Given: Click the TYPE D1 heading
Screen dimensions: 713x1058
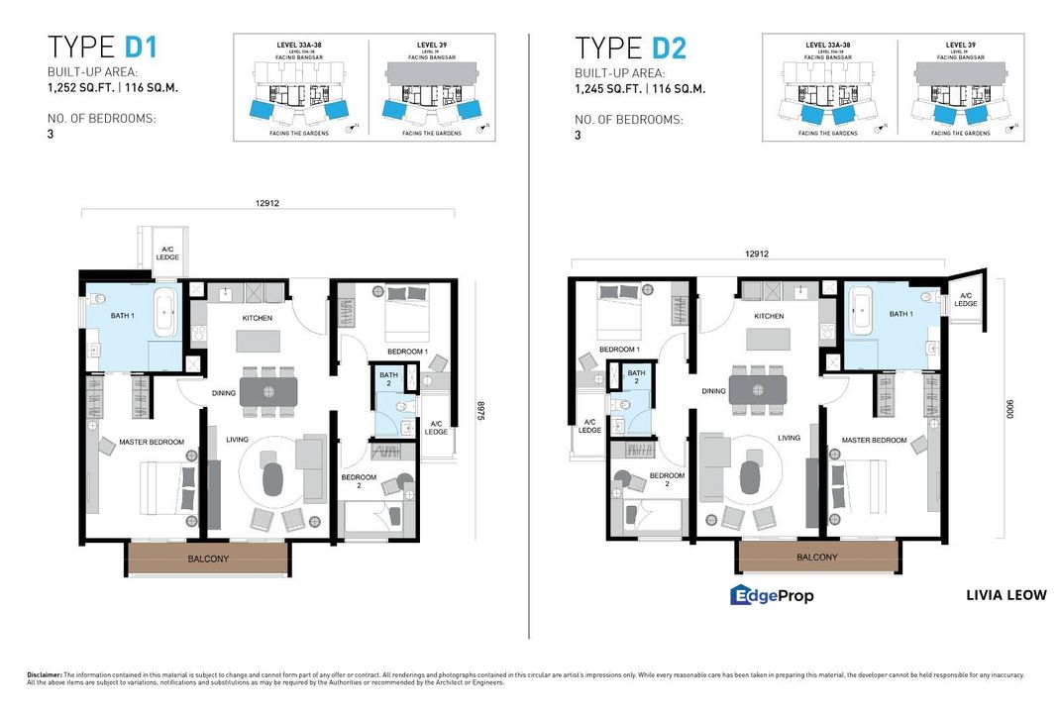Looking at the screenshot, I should [x=103, y=48].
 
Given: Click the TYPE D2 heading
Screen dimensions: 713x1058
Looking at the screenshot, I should [x=631, y=48].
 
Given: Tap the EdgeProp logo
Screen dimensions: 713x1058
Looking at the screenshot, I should [x=772, y=595].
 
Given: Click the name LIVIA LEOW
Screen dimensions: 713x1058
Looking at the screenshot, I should [x=1005, y=595].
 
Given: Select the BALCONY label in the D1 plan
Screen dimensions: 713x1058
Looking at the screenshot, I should [x=208, y=560].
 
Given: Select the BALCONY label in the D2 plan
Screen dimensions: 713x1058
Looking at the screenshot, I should [x=817, y=558].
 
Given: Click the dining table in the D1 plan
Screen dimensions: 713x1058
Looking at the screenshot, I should [x=267, y=392].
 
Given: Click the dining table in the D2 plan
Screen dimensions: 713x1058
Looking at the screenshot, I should [x=758, y=389].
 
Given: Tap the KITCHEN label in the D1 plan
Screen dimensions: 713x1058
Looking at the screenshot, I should [x=258, y=318].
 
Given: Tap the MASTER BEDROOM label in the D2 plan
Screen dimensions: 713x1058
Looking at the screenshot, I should [x=875, y=440].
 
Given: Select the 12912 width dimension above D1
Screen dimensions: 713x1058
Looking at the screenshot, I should [x=267, y=203].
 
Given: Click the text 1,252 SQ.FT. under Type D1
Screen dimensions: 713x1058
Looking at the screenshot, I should [x=84, y=88].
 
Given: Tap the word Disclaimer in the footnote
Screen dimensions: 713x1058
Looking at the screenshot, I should [x=45, y=674].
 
